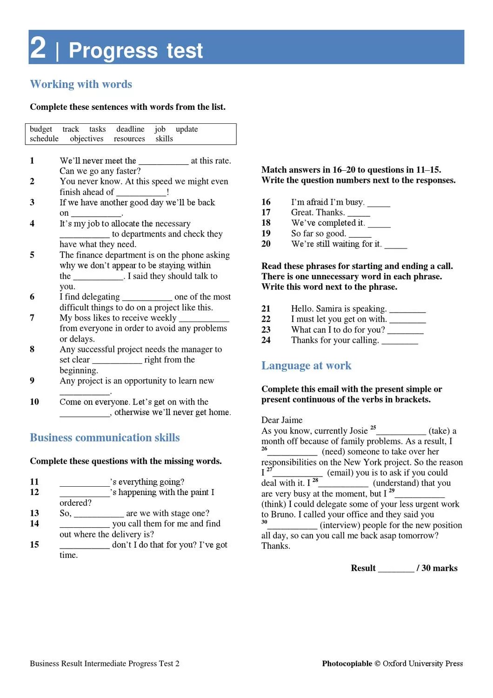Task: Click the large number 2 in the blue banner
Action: tap(38, 47)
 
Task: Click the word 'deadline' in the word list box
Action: tap(130, 129)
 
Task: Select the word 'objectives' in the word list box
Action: tap(87, 139)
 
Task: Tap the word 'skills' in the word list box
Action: tap(164, 139)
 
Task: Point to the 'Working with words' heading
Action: tap(81, 84)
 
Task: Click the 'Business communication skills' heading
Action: tap(105, 437)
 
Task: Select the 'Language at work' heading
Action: tap(306, 366)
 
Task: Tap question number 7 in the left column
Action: tap(32, 318)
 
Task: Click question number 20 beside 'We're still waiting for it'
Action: tap(266, 244)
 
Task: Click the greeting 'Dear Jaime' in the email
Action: tap(282, 420)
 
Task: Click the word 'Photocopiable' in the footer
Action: tap(347, 664)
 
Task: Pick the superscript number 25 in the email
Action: tap(373, 428)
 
